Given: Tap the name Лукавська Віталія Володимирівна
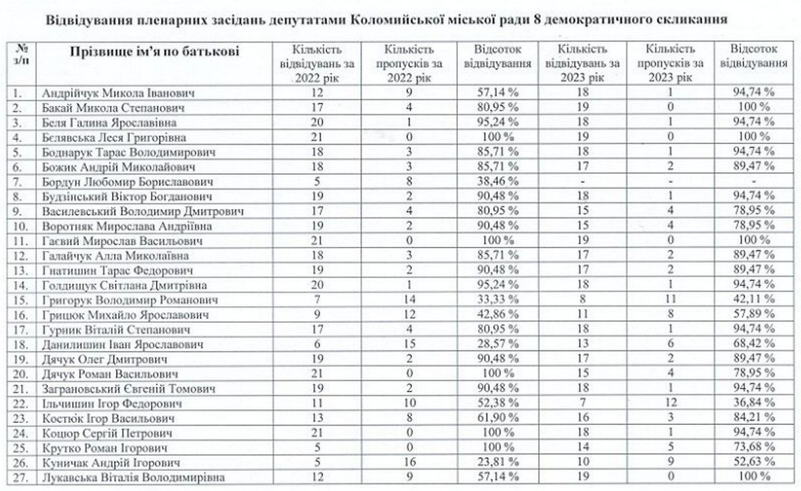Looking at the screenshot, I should click(134, 476).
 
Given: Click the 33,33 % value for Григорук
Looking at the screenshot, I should click(496, 300).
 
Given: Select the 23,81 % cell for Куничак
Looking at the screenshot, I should click(496, 462).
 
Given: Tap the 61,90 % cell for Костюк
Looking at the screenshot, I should click(496, 418).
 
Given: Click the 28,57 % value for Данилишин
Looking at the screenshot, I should click(496, 344).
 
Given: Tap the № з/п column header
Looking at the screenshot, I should click(22, 53).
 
